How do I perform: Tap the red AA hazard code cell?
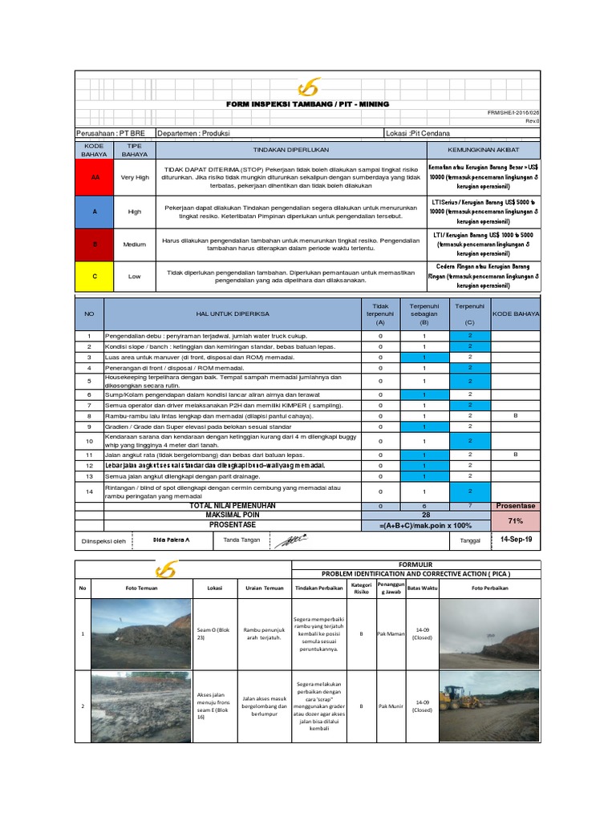click(95, 177)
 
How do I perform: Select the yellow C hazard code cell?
click(95, 276)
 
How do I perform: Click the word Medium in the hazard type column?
click(134, 244)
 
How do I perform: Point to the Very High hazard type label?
click(134, 177)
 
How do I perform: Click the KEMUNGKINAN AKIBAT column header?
click(483, 150)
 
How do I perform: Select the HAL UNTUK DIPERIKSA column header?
click(232, 314)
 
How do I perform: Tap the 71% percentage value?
click(516, 520)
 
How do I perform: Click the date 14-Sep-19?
click(516, 540)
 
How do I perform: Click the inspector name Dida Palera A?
click(171, 540)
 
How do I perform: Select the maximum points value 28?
click(426, 515)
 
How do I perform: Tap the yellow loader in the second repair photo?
click(461, 697)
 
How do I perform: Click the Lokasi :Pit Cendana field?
click(418, 132)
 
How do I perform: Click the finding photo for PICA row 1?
click(139, 634)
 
